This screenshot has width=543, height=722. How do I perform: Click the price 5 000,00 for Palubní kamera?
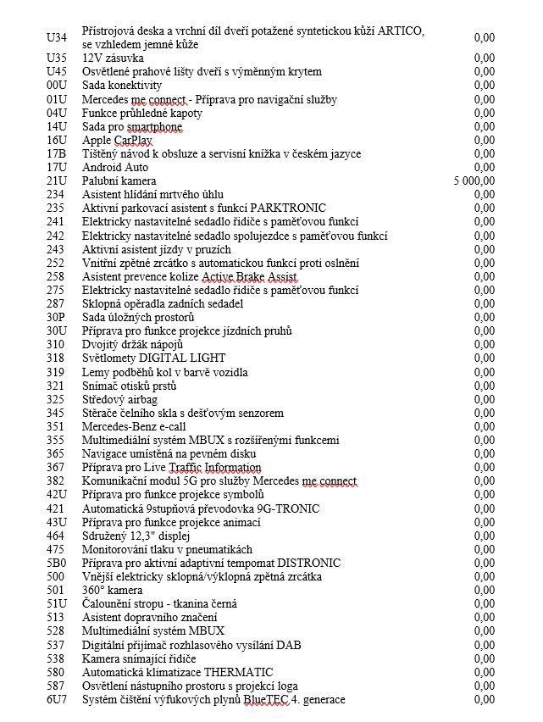pyautogui.click(x=474, y=181)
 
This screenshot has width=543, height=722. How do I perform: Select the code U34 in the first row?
pyautogui.click(x=56, y=37)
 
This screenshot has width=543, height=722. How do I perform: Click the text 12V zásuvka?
pyautogui.click(x=112, y=58)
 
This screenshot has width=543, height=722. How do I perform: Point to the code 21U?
pyautogui.click(x=56, y=181)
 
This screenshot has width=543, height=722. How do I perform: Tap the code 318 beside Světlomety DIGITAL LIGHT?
pyautogui.click(x=56, y=358)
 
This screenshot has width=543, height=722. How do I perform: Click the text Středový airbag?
pyautogui.click(x=119, y=399)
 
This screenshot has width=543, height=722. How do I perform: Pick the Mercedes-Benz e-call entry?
pyautogui.click(x=134, y=426)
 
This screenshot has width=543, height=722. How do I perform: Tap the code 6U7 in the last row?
pyautogui.click(x=56, y=699)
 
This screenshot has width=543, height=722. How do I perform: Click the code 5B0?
pyautogui.click(x=56, y=563)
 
